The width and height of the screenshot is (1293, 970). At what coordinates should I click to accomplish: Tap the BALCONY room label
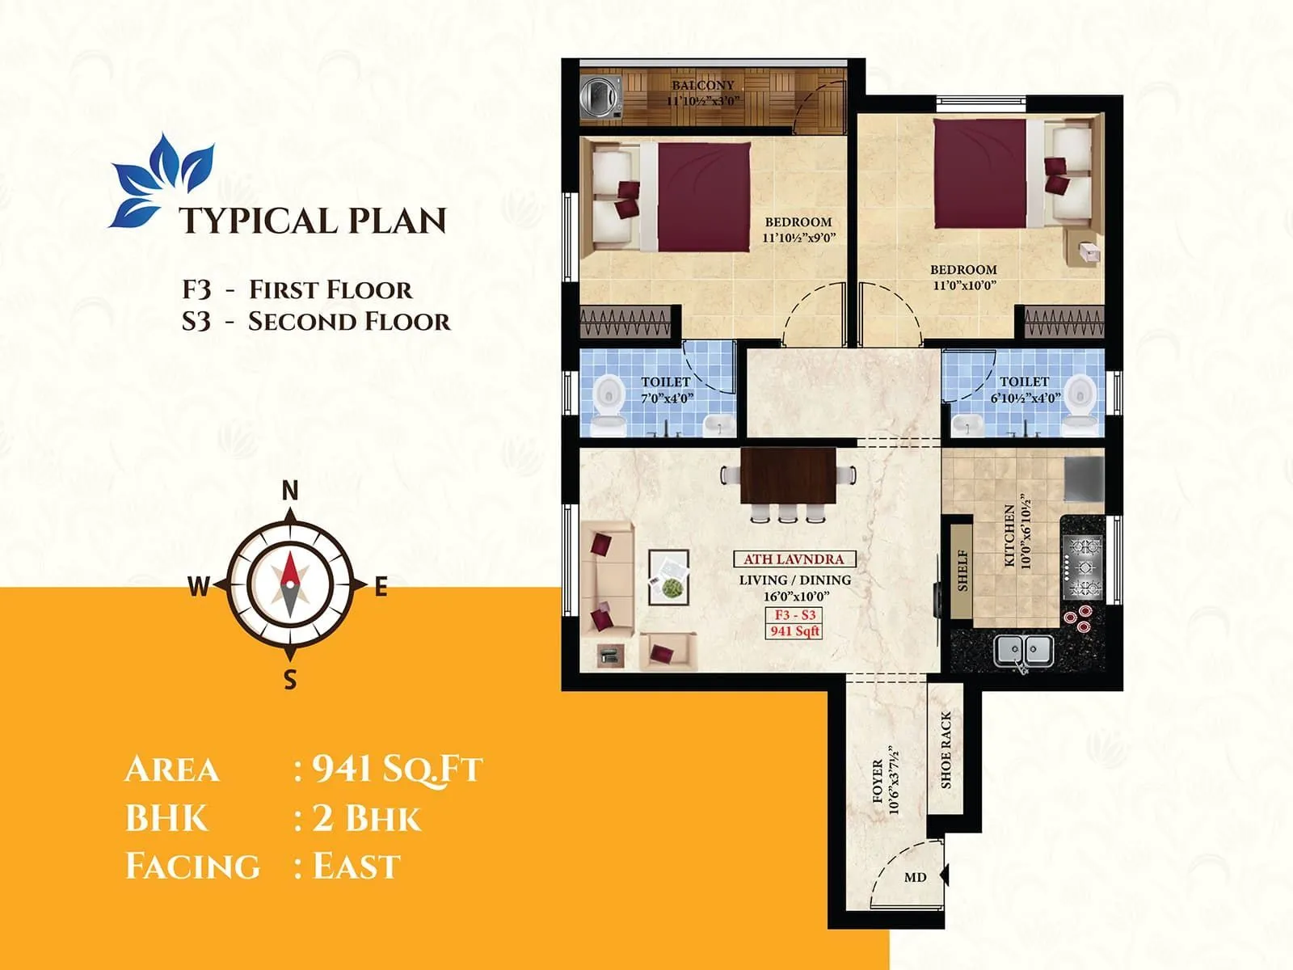(x=703, y=85)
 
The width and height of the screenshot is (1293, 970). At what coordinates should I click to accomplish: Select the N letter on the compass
(x=290, y=490)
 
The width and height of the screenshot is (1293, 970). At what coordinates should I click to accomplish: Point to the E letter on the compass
(x=381, y=588)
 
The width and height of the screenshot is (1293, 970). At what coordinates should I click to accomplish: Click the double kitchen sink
(x=1022, y=650)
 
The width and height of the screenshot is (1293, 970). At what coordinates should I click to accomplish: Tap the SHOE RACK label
(x=946, y=750)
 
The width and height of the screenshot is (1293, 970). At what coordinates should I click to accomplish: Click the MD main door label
(x=915, y=877)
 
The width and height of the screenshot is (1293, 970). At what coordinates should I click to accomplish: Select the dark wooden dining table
(x=788, y=476)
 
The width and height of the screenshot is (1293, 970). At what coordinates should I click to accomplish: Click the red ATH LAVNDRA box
(x=794, y=559)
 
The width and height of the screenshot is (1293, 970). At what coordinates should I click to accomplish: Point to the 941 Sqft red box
(x=794, y=631)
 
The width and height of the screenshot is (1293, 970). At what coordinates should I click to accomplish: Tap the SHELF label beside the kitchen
(x=962, y=571)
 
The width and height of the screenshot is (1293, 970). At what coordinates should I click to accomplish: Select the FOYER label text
(x=878, y=781)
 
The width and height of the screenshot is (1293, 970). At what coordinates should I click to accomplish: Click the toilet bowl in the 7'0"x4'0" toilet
(x=608, y=395)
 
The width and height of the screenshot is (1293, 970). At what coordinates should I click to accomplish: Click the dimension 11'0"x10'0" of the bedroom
(x=963, y=285)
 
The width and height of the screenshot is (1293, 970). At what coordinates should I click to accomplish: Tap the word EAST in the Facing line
(x=356, y=867)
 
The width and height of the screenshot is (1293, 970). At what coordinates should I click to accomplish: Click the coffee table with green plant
(x=669, y=577)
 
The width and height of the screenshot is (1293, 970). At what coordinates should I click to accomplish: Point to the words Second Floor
(x=349, y=322)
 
